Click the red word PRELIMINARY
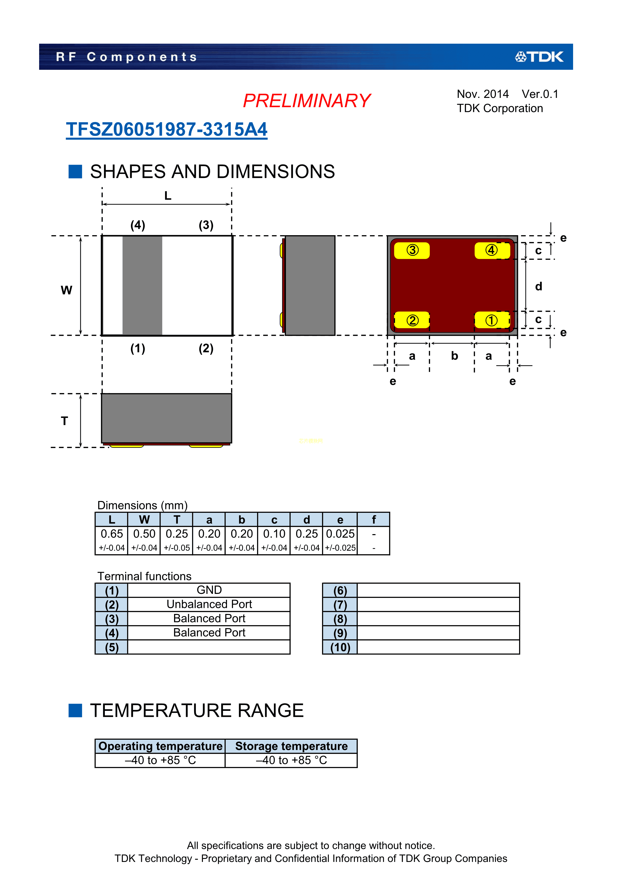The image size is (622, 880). click(307, 101)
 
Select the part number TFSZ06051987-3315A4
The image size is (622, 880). click(167, 130)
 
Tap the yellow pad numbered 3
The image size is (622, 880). click(412, 250)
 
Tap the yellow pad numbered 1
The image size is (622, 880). click(492, 320)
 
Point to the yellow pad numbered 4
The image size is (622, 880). click(492, 250)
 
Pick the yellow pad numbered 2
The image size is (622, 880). click(412, 320)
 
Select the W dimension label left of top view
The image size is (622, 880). click(66, 290)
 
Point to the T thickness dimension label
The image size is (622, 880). click(64, 421)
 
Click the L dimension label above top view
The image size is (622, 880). click(168, 196)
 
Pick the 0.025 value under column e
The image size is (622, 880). click(340, 534)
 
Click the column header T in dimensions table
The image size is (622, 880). click(177, 520)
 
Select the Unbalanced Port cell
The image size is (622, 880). click(209, 604)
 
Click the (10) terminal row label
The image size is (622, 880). click(340, 647)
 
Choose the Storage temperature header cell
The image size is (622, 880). click(291, 746)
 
